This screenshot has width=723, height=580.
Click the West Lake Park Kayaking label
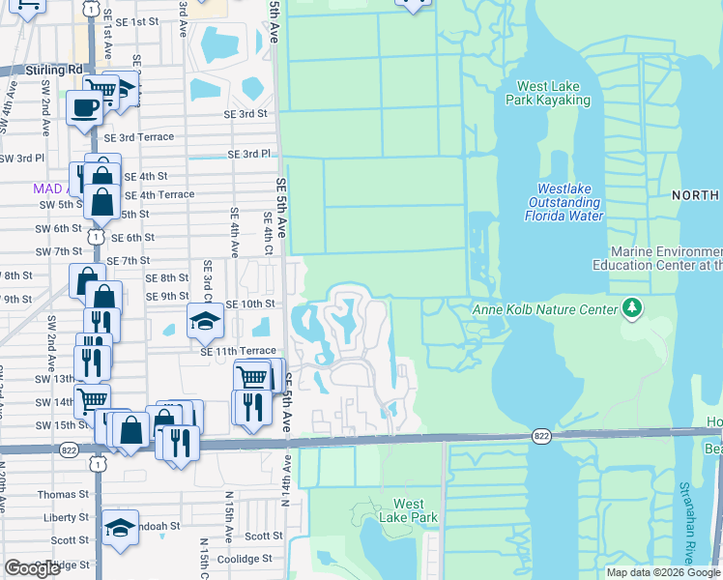click(553, 93)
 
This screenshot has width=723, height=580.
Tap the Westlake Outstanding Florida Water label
click(564, 203)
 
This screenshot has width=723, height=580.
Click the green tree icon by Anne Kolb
click(632, 308)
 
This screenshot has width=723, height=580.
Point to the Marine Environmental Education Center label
click(657, 257)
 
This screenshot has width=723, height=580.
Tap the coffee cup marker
click(84, 107)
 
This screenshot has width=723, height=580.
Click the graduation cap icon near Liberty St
click(121, 528)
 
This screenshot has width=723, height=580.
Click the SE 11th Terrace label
click(238, 352)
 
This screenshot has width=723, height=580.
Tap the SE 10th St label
click(250, 304)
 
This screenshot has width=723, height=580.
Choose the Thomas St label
click(63, 494)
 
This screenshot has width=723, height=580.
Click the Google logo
click(32, 568)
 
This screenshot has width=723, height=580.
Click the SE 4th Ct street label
click(267, 232)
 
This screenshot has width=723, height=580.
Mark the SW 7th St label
click(58, 251)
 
